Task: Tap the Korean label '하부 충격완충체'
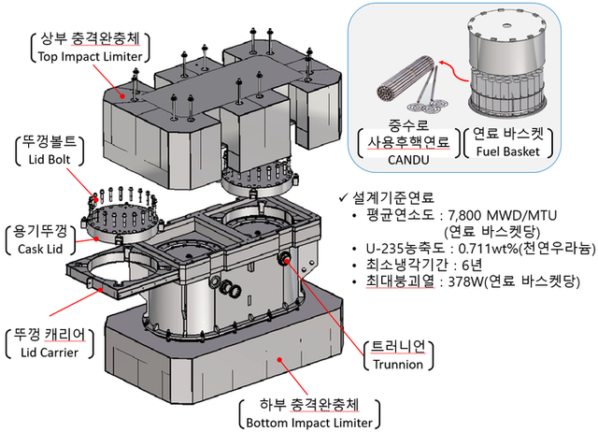tap(310, 408)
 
